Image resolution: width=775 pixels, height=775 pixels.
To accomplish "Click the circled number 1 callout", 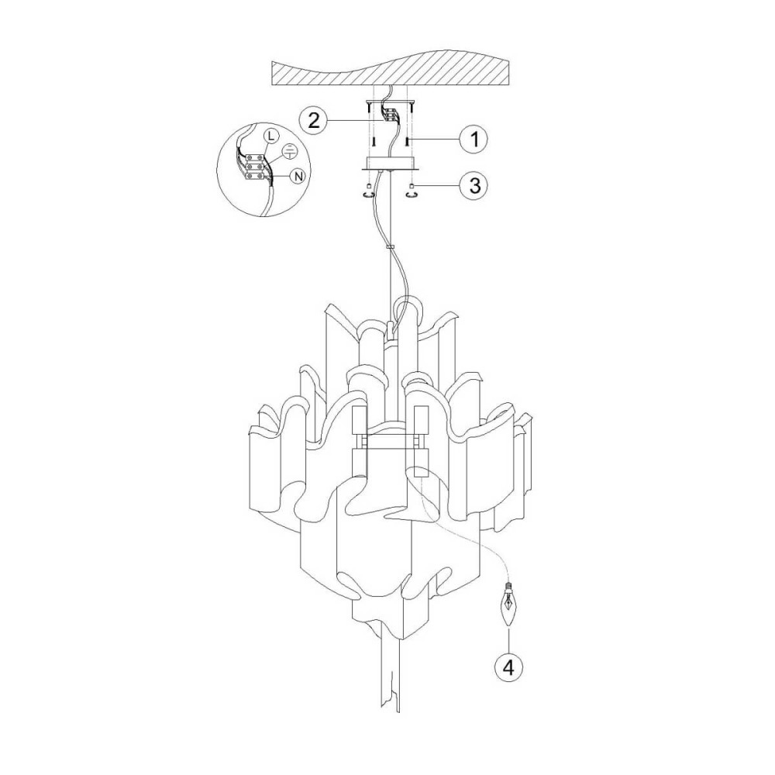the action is point(474,139).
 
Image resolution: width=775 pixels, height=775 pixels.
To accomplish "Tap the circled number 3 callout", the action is point(474,186).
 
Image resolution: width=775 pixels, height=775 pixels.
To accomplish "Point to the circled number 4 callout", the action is point(508,668).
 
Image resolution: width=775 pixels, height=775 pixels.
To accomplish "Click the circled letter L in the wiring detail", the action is point(270,134).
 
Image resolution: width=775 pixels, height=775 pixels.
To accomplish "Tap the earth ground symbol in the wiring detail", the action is point(290,152).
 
